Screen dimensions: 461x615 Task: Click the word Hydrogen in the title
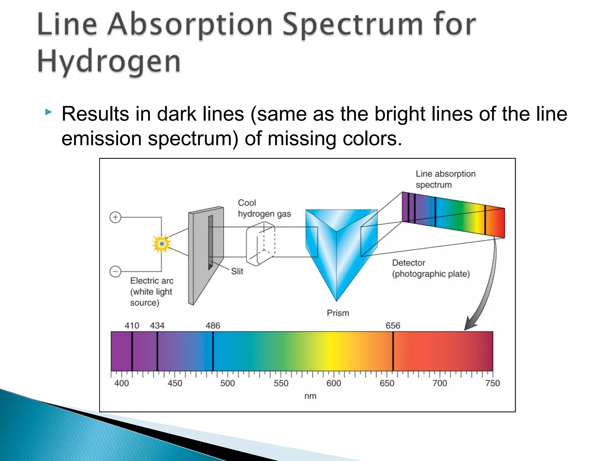click(109, 62)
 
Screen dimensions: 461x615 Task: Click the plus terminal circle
click(115, 217)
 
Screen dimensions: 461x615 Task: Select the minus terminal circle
click(115, 271)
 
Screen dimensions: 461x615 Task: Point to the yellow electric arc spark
click(162, 244)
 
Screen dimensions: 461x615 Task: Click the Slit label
click(237, 271)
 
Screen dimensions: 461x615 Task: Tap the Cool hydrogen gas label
click(264, 208)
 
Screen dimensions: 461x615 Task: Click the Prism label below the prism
click(338, 313)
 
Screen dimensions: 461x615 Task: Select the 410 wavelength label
click(132, 326)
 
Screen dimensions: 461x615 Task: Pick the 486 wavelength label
click(213, 326)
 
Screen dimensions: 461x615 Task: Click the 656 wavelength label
click(393, 326)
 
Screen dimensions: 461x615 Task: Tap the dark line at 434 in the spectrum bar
click(157, 351)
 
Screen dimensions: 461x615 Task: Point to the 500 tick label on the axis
click(227, 383)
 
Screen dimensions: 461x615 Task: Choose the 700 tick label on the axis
click(440, 383)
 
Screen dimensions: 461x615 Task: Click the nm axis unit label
click(310, 396)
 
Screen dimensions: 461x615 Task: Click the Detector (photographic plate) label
click(431, 268)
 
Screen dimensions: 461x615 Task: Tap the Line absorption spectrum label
click(445, 179)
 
